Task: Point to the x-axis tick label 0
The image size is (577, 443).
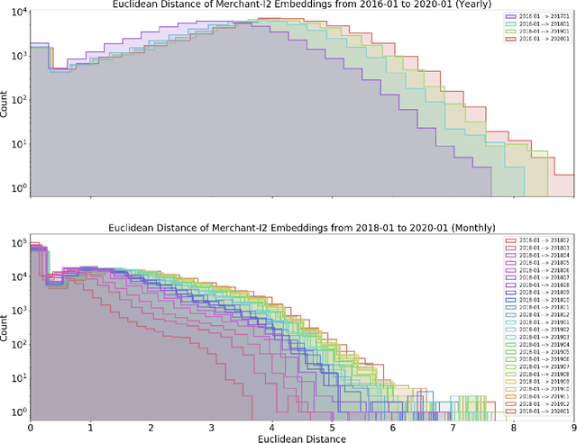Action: coord(30,429)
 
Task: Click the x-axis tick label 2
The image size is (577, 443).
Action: coord(151,429)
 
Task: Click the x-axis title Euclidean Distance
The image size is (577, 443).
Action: coord(302,439)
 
